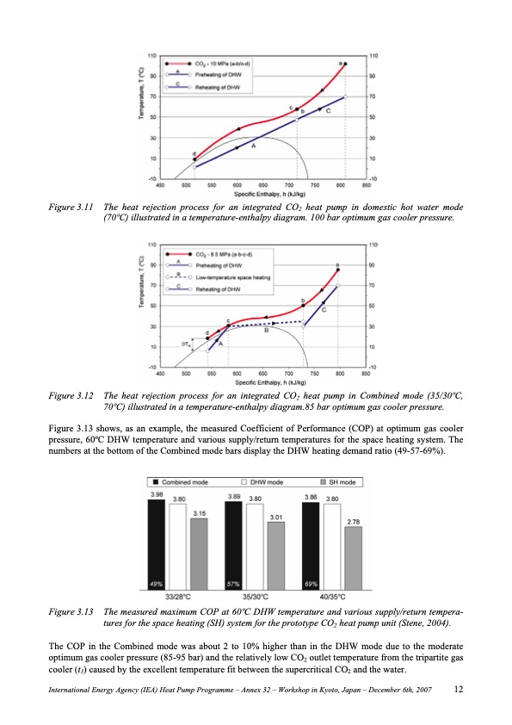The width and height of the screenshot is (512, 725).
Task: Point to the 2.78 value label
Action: (x=354, y=522)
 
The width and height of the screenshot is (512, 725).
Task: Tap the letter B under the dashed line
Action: (x=267, y=330)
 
